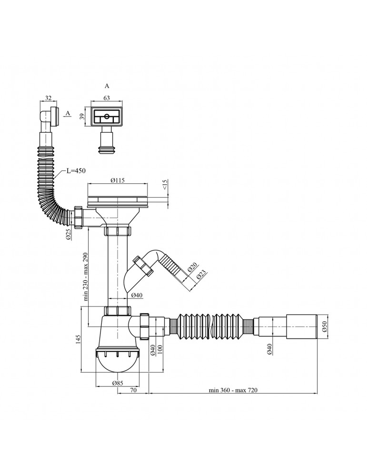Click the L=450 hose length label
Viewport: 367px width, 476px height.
[x=76, y=171]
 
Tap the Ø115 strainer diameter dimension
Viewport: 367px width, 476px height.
[x=118, y=180]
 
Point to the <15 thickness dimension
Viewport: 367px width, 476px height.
[x=165, y=185]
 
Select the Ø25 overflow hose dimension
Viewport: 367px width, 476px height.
[x=69, y=234]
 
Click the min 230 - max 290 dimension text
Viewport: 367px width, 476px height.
[x=85, y=277]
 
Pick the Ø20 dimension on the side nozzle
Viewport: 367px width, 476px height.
[x=191, y=268]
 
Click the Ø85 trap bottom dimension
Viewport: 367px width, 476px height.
[x=118, y=383]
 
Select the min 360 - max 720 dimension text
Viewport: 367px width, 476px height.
[x=233, y=390]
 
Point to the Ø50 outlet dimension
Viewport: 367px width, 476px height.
[x=325, y=327]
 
